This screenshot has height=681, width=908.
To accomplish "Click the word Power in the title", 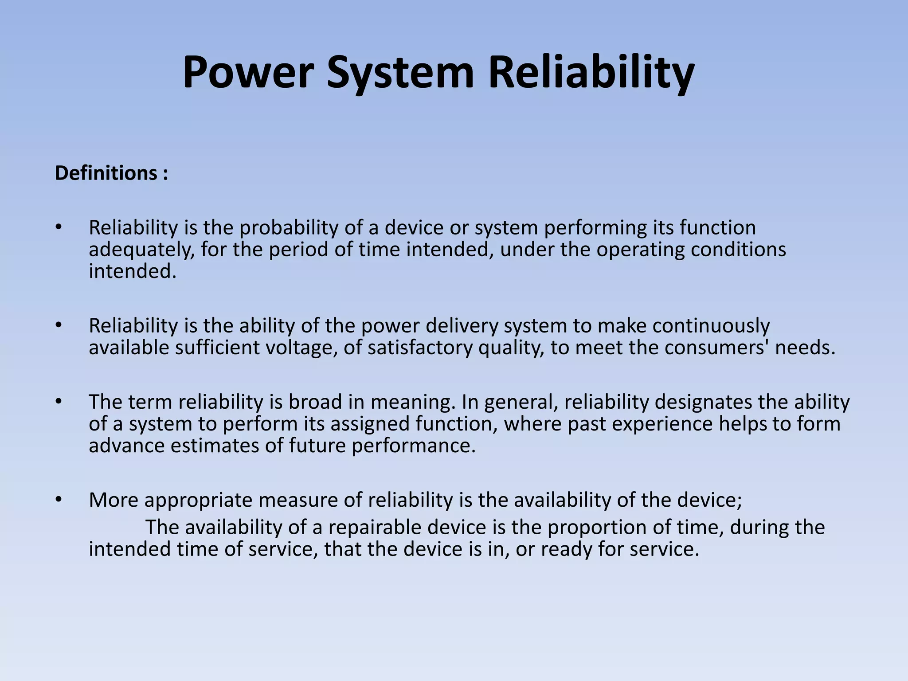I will [x=248, y=72].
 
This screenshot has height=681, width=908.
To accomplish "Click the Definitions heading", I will [x=111, y=173].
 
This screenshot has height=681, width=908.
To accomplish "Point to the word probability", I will [x=289, y=228].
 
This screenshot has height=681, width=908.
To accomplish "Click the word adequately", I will [x=141, y=250].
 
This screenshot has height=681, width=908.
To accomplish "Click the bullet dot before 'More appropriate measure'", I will [x=58, y=500].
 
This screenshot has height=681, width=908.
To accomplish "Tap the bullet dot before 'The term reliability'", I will [x=58, y=402].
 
